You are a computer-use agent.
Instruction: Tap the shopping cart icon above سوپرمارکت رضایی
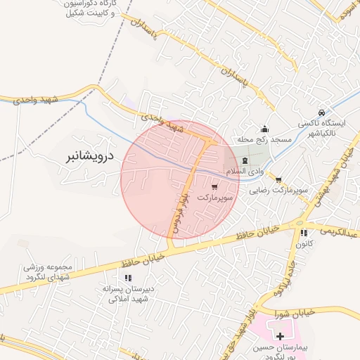click(x=279, y=180)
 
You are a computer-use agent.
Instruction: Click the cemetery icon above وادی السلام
click(x=245, y=161)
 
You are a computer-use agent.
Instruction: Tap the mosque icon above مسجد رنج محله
click(x=264, y=129)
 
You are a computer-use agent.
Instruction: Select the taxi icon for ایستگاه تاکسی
click(x=321, y=112)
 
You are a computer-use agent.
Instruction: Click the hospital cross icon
click(x=280, y=337)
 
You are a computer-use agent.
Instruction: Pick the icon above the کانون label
click(x=304, y=233)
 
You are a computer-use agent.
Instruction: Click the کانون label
click(x=304, y=244)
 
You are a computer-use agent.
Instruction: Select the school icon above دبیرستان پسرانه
click(x=128, y=278)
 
